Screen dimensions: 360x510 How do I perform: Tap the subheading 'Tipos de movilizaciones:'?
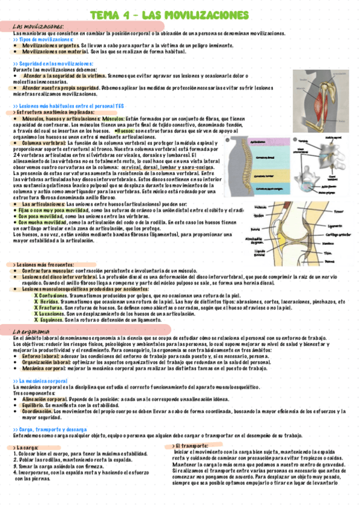pyautogui.click(x=42, y=39)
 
